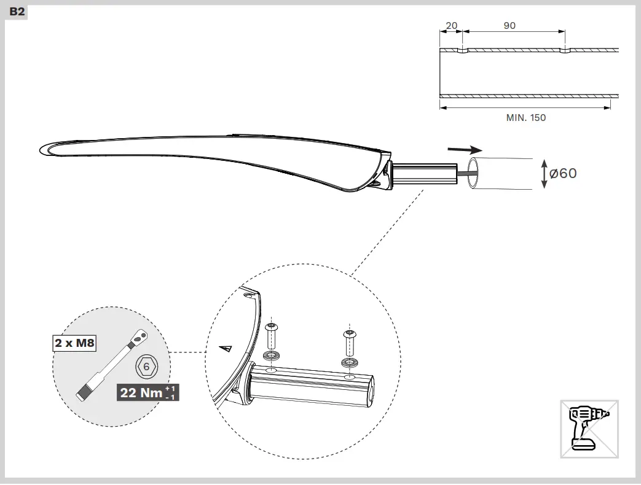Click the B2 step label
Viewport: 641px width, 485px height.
(17, 12)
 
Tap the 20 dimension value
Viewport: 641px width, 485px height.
(451, 26)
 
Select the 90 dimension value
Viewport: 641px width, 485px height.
(509, 26)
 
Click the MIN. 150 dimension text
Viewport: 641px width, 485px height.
(525, 117)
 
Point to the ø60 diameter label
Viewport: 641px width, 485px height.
(563, 174)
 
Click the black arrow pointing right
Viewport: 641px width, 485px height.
(464, 149)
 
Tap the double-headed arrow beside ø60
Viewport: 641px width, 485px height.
(543, 174)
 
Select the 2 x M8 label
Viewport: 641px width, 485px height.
(74, 343)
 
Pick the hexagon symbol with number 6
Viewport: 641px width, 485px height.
(146, 367)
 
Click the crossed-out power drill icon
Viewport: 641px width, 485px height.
(589, 429)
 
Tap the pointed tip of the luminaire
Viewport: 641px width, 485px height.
(42, 149)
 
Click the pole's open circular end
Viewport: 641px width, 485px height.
(474, 173)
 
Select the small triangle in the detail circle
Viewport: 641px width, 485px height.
(227, 349)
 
